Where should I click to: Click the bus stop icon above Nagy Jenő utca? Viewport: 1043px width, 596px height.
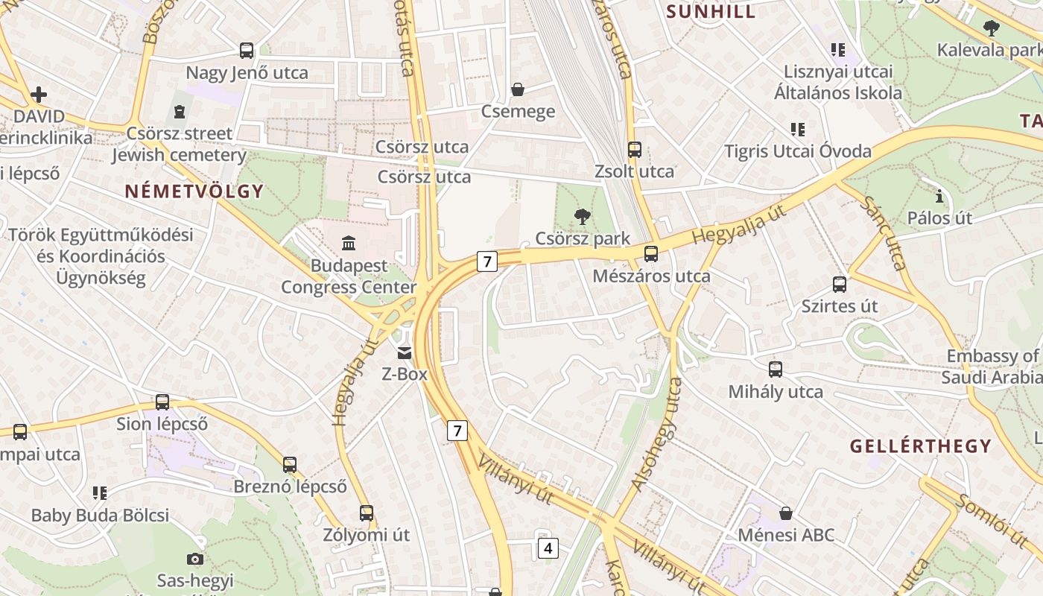tap(247, 51)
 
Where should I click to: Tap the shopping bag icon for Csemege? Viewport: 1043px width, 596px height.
tap(518, 90)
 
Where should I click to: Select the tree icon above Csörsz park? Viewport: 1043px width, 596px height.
tap(583, 217)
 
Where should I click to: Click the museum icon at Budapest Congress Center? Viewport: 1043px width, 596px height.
tap(349, 243)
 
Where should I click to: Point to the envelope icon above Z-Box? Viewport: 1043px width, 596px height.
tap(405, 352)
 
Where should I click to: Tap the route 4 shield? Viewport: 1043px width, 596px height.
tap(548, 548)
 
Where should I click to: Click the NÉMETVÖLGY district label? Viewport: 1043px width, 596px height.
tap(194, 191)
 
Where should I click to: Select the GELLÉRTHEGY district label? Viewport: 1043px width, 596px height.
tap(921, 446)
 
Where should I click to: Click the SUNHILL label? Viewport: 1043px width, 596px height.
tap(711, 11)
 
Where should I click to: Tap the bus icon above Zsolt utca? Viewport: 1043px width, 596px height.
tap(635, 150)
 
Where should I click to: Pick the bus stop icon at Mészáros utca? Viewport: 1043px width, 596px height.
tap(651, 254)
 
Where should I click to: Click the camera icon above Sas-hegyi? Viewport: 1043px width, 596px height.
tap(195, 559)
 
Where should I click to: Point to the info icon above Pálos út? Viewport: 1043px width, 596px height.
tap(939, 197)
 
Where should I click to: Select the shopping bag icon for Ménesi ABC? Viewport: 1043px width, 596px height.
tap(786, 513)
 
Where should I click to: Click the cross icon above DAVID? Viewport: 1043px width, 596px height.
tap(39, 95)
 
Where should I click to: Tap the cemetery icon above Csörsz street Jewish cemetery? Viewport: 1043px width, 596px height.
tap(179, 112)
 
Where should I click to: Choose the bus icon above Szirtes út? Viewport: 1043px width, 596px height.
tap(840, 285)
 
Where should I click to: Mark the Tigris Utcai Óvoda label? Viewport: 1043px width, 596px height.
tap(798, 151)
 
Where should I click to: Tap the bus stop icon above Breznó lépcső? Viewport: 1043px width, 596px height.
tap(290, 465)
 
